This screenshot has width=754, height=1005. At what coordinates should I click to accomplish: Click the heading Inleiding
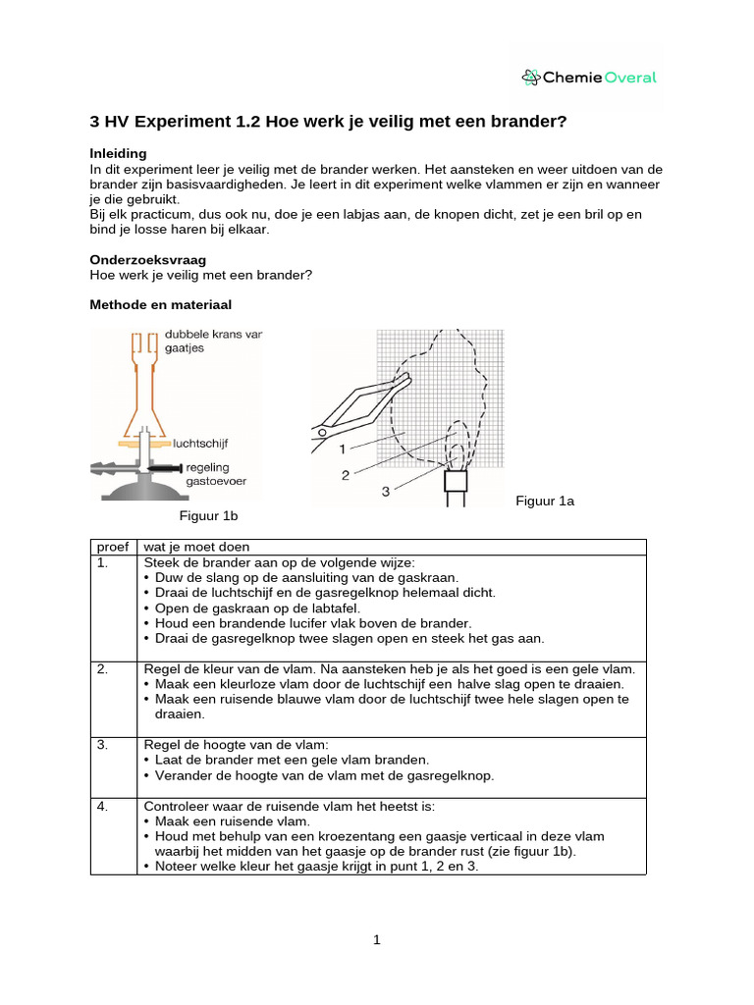coord(118,153)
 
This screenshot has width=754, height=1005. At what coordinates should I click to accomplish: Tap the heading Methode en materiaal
coord(160,305)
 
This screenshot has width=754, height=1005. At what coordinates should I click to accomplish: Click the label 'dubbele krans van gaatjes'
coord(213,341)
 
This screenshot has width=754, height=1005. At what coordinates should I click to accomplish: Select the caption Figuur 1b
coord(207,515)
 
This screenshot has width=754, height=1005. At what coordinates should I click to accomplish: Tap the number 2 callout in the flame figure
coord(346,474)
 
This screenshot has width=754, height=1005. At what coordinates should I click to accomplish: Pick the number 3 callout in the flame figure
coord(385,491)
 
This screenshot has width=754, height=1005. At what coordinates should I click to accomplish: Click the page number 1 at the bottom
coord(377,939)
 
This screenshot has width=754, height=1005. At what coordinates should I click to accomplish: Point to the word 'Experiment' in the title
coord(188,122)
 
